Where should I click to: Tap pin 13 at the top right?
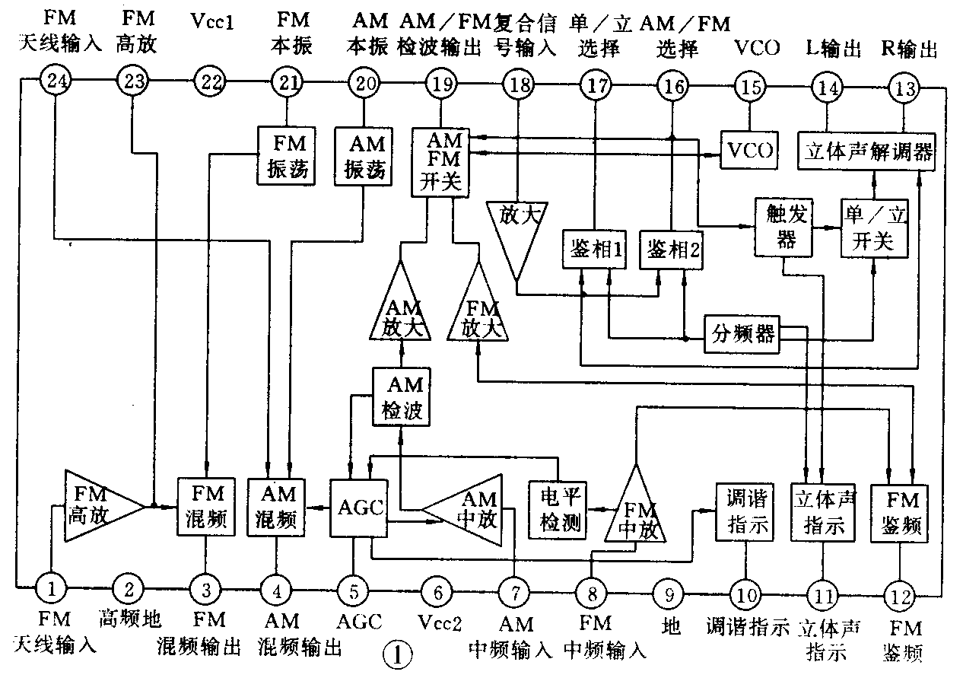point(905,88)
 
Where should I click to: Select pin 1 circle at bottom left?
point(51,587)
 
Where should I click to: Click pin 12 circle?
point(900,592)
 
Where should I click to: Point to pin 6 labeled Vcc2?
point(436,590)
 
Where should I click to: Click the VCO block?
point(749,151)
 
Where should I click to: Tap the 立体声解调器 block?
point(867,151)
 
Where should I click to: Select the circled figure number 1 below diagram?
point(398,655)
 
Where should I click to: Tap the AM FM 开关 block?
point(440,162)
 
